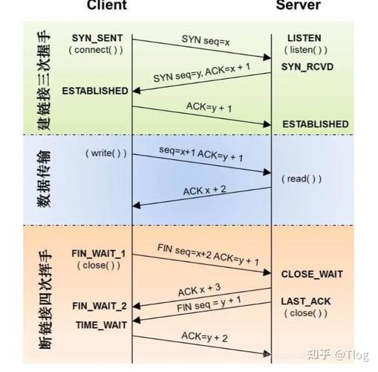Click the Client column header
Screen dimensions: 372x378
(x=107, y=5)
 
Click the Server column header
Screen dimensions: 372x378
(x=298, y=5)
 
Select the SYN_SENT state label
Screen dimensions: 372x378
(x=97, y=37)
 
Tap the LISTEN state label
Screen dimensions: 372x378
(x=304, y=37)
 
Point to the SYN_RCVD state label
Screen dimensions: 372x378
(x=308, y=67)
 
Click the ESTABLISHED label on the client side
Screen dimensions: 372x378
(x=95, y=91)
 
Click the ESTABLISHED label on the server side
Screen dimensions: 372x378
(x=315, y=124)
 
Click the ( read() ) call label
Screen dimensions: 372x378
(x=301, y=179)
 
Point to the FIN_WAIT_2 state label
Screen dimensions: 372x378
(x=99, y=306)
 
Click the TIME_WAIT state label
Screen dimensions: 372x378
(x=101, y=324)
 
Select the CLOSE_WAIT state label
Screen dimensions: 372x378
(x=312, y=274)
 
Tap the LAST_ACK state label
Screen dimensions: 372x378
(x=304, y=301)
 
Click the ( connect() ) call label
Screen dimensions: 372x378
(x=97, y=49)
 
